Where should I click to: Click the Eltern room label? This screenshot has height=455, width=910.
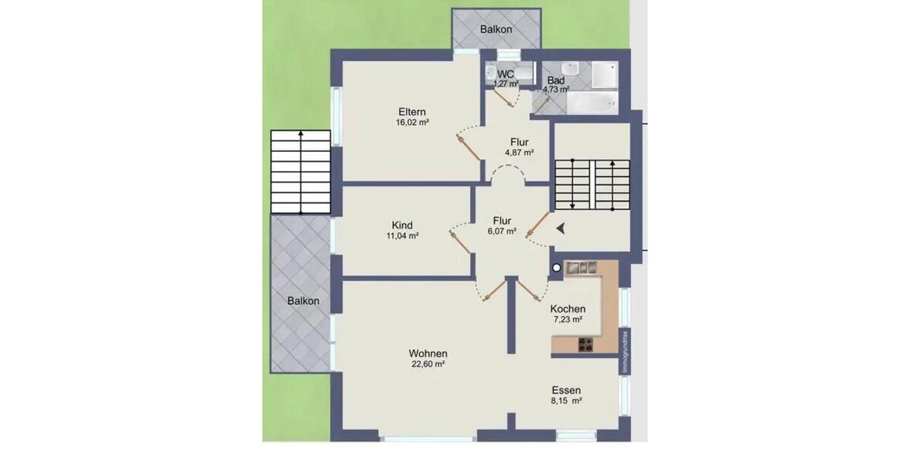tap(412, 112)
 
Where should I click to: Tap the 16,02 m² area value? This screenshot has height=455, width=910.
tap(412, 122)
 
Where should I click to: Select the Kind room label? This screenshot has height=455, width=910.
tap(402, 225)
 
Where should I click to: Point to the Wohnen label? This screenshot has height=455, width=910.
tap(428, 353)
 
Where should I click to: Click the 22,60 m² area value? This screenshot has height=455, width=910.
tap(428, 364)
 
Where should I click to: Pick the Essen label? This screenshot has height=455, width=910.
tap(566, 390)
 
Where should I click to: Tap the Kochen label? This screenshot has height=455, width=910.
tap(567, 309)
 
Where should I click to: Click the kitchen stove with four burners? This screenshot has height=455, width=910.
tap(585, 344)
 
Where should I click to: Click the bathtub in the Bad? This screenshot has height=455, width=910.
tap(592, 103)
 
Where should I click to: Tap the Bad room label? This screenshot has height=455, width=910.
tap(556, 80)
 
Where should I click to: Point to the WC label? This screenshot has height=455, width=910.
tap(506, 74)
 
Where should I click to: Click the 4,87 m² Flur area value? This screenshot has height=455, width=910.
tap(519, 152)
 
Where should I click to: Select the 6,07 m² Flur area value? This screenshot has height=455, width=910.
tap(501, 231)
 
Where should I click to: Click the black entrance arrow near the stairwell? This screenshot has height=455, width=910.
tap(560, 227)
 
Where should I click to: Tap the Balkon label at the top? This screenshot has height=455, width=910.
tap(496, 30)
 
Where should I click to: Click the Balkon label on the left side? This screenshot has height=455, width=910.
tap(303, 300)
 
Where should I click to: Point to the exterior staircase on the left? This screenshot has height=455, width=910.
tap(301, 171)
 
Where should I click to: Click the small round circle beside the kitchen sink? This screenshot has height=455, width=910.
tap(557, 267)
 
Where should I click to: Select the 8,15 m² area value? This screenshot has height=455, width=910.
tap(566, 400)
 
